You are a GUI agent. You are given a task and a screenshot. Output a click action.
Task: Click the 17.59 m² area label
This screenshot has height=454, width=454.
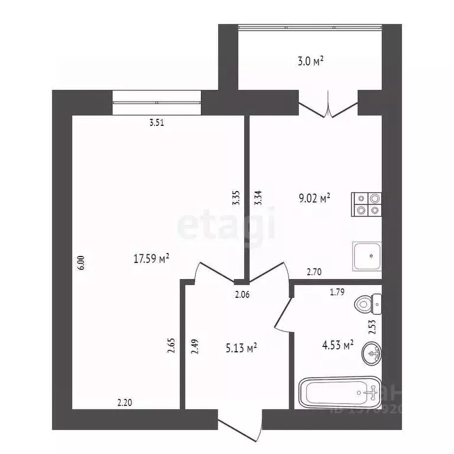[x=153, y=258]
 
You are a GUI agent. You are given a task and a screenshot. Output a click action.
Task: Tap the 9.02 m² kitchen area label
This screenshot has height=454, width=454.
[x=313, y=199]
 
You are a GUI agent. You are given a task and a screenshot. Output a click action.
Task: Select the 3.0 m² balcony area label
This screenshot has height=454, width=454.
[x=310, y=61]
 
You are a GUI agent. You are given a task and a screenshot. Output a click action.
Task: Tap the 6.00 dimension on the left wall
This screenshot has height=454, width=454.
[x=81, y=262]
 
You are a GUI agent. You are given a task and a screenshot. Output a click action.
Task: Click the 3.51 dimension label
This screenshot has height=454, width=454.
[x=156, y=124]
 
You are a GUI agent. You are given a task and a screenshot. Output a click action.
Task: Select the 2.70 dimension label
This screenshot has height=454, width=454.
[x=314, y=272]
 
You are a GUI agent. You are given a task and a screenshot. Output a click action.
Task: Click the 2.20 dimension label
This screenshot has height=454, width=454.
[x=124, y=403]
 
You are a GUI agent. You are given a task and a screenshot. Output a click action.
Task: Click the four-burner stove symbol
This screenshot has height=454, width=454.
[x=367, y=204]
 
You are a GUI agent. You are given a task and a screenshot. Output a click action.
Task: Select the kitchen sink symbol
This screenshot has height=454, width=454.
[x=367, y=256]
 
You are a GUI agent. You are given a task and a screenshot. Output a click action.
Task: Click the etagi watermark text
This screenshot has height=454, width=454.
[x=226, y=226]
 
